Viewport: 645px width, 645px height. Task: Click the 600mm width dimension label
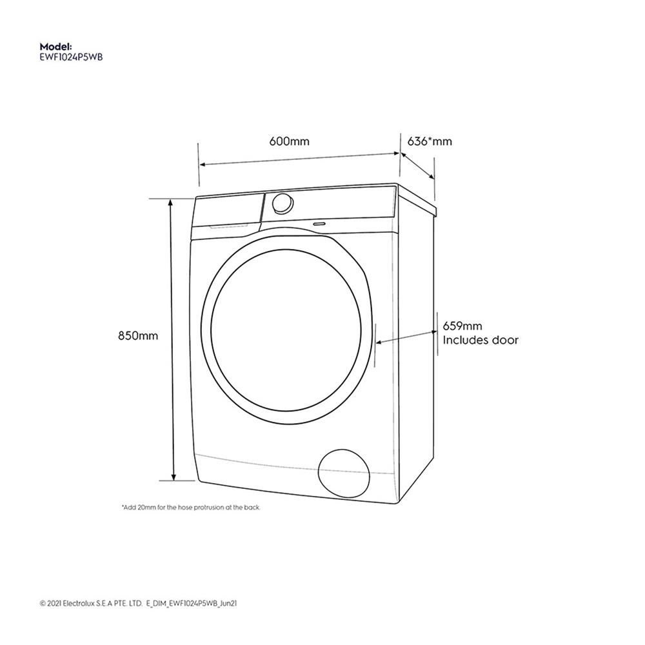[x=290, y=141]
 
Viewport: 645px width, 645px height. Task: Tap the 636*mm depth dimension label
[x=430, y=141]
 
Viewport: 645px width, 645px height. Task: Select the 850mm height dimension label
[x=138, y=336]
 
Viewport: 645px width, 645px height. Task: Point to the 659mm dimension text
[x=462, y=327]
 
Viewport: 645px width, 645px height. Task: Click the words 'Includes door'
[x=480, y=341]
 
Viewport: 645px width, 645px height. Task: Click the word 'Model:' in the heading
[x=55, y=47]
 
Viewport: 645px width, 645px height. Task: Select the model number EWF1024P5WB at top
[x=72, y=57]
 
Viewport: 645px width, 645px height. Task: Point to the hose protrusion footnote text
[x=191, y=508]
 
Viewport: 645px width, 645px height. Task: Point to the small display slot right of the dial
[x=318, y=223]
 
